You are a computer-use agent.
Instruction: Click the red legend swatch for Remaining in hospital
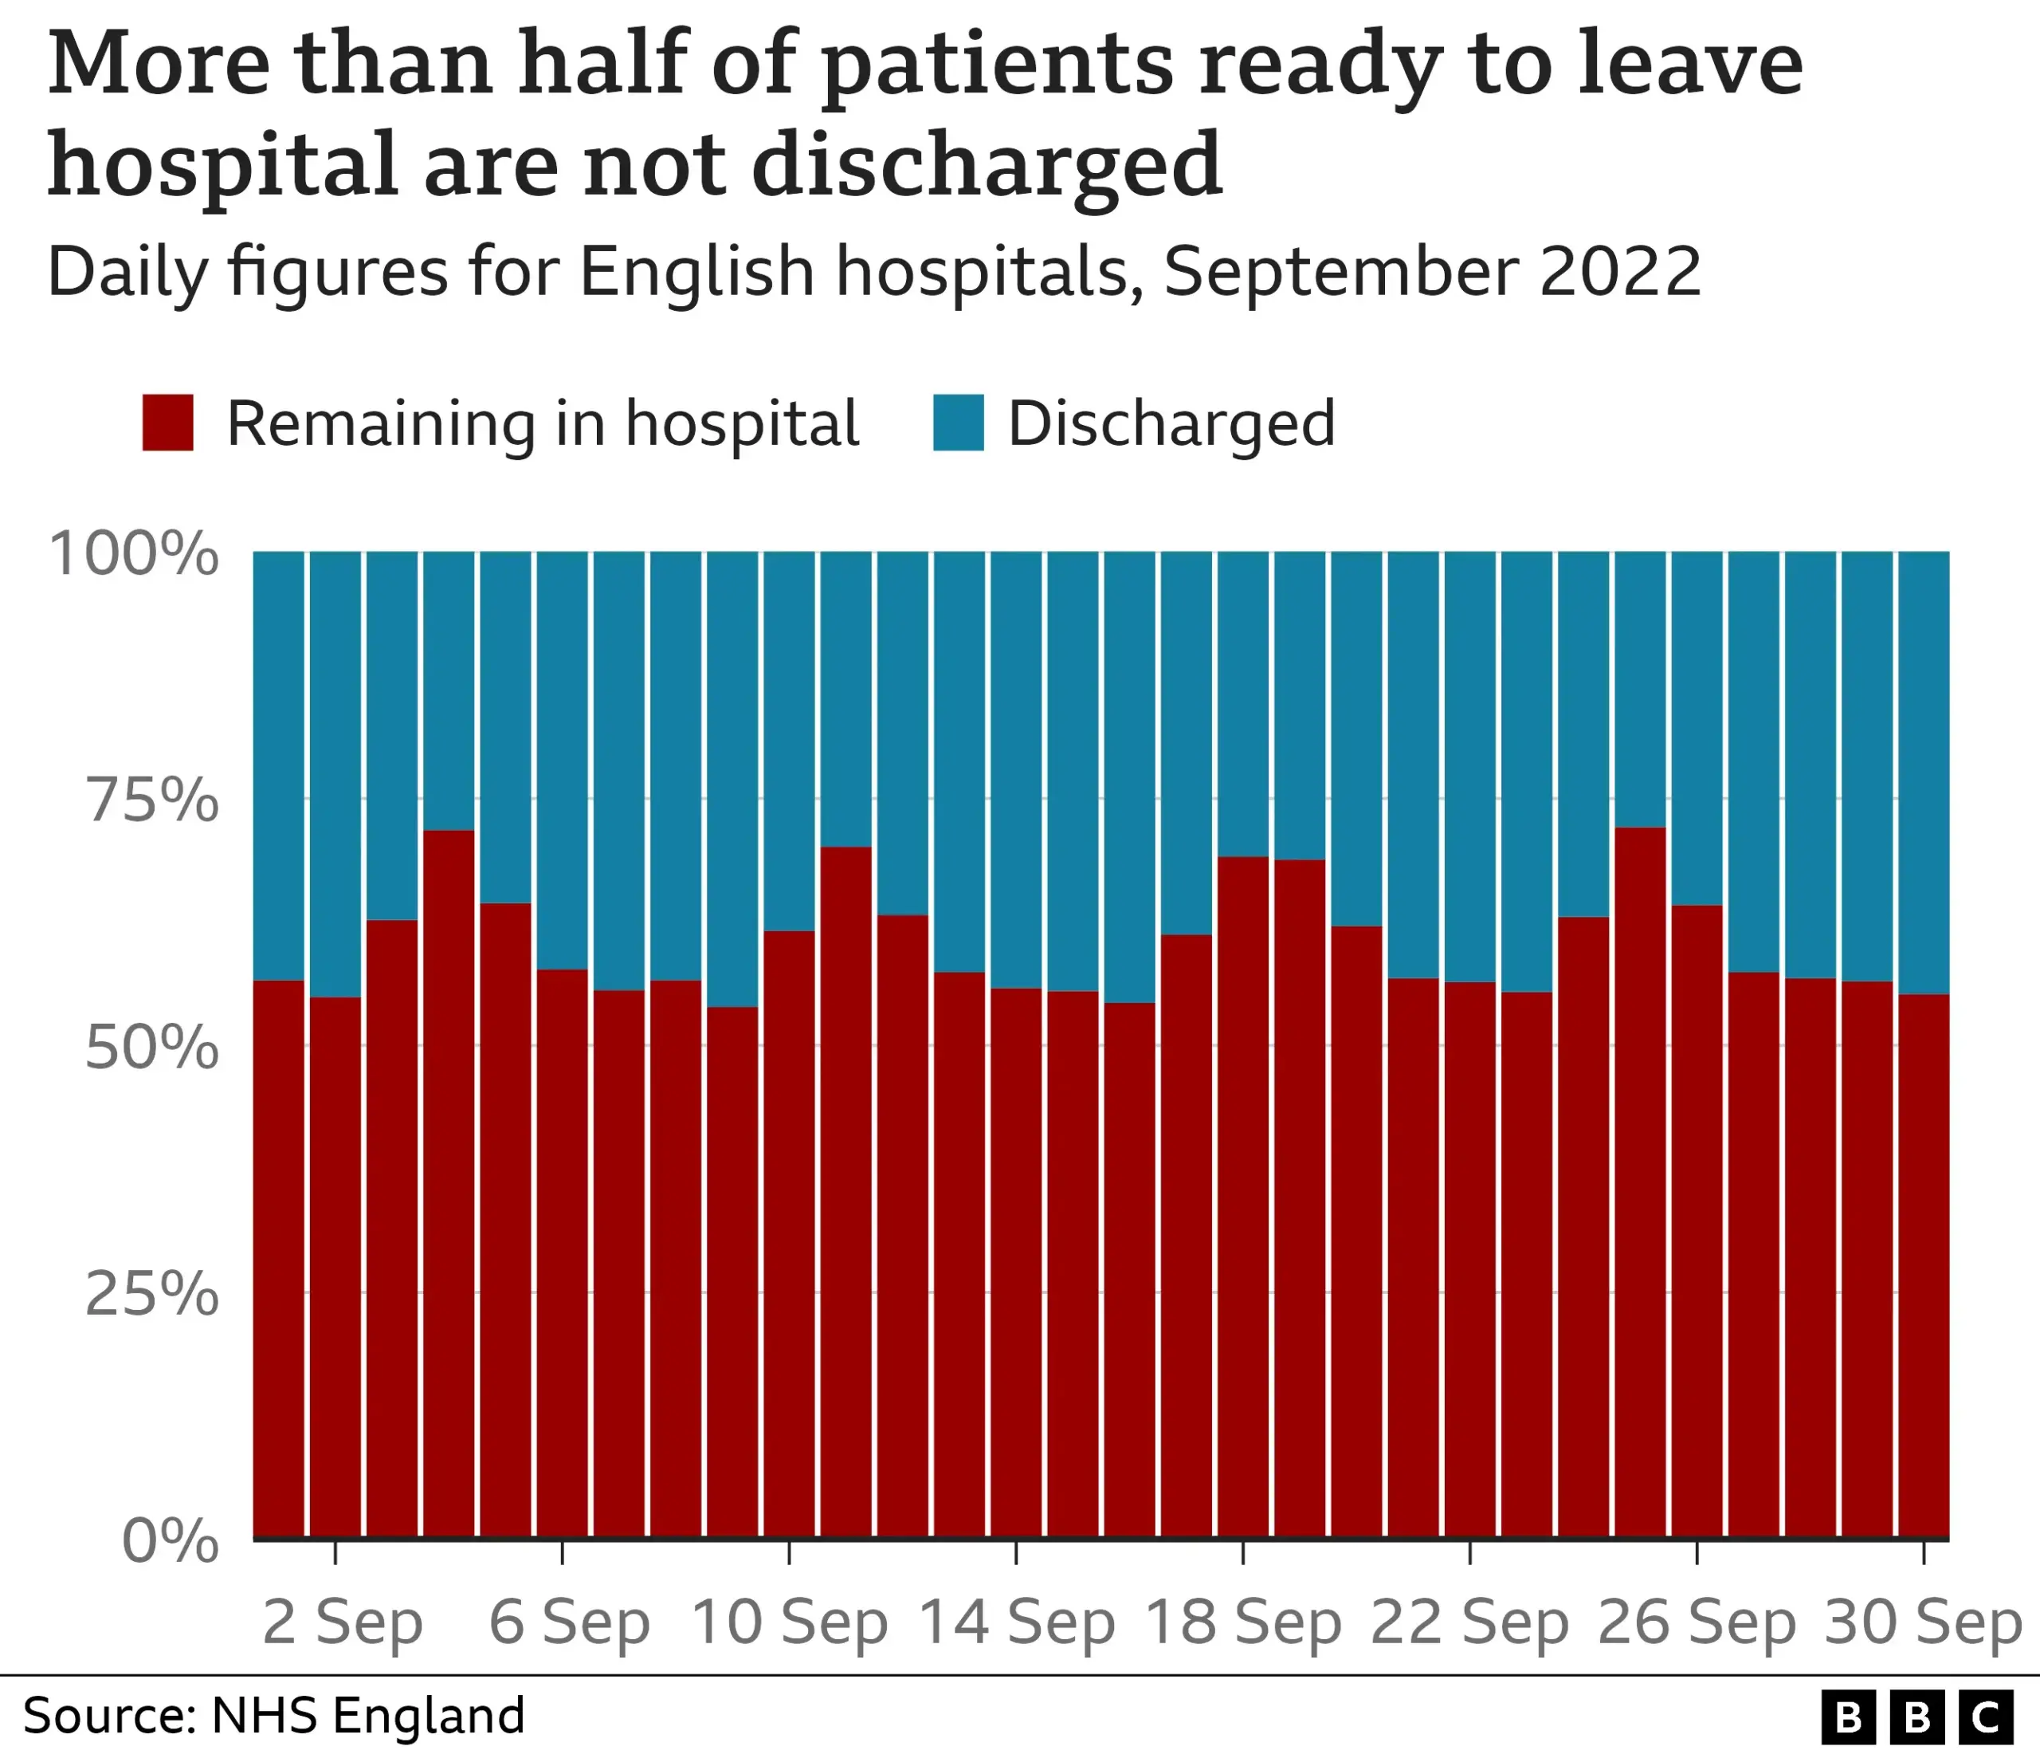167,423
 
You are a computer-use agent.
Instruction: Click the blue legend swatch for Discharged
958,423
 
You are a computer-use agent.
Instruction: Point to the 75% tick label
151,800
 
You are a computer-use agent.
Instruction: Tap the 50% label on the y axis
151,1047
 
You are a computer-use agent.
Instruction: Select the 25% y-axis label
151,1293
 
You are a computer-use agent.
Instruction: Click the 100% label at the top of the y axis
134,553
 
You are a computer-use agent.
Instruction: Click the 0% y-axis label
170,1540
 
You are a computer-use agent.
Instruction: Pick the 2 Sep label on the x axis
342,1622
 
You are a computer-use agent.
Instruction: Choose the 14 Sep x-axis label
1016,1622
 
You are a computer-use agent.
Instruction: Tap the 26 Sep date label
1696,1622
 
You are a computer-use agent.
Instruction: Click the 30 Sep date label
1922,1622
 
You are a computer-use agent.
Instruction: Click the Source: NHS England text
273,1715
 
